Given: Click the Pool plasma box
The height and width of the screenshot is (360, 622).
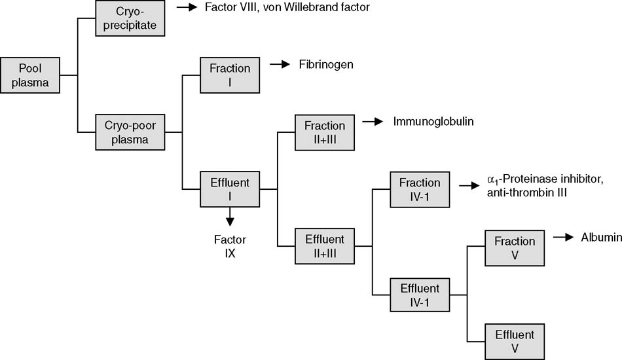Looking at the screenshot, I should (29, 75).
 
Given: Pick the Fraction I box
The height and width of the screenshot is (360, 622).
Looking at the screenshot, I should (229, 75).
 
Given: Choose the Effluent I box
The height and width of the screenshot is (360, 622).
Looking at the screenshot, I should (229, 189).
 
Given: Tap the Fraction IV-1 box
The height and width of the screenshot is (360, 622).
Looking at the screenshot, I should (420, 189).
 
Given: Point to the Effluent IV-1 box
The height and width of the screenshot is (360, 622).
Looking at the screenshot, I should (420, 295).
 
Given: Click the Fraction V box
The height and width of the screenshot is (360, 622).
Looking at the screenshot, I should (515, 247).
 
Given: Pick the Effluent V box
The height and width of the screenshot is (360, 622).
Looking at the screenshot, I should (515, 341).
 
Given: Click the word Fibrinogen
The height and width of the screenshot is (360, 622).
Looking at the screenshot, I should (327, 65).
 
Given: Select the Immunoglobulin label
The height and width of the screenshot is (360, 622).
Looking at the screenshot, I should (433, 122).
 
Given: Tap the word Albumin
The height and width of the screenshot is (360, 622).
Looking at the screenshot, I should (601, 238).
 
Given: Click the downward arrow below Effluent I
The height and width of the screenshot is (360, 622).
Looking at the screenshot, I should (229, 217).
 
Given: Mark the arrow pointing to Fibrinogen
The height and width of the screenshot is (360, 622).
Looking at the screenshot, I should (280, 65).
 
